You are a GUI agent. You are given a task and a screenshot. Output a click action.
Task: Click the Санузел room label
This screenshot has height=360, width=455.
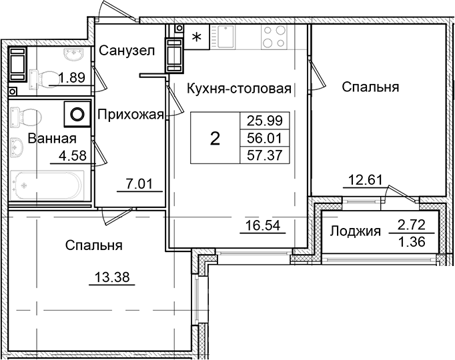(x=127, y=50)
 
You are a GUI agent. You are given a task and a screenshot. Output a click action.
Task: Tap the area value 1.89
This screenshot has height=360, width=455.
(x=71, y=77)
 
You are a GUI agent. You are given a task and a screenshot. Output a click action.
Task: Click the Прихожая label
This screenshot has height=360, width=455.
(x=131, y=115)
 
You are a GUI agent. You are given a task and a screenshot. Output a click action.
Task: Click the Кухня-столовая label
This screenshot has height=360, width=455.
(x=240, y=87)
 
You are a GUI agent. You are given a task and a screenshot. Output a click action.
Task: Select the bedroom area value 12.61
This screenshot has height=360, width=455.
(x=364, y=179)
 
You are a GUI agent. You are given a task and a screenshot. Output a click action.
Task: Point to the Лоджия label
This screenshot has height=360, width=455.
(x=355, y=231)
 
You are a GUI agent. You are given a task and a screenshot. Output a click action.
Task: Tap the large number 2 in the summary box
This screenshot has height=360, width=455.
(x=215, y=139)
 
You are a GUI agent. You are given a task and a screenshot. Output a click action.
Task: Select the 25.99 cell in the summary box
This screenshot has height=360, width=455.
(x=265, y=121)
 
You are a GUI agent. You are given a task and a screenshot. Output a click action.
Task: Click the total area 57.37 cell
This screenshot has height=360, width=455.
(x=265, y=155)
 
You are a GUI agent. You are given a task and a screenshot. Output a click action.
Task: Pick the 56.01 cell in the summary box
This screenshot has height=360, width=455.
(x=265, y=138)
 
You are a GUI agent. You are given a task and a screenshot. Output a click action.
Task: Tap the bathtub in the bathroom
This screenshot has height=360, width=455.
(x=47, y=183)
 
